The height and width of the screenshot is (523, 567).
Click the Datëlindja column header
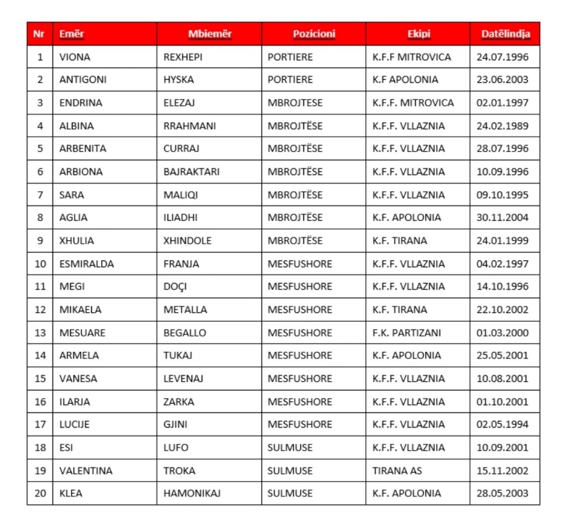pos(505,34)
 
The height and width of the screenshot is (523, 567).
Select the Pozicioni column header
pos(314,34)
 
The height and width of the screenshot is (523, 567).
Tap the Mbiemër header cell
pos(209,34)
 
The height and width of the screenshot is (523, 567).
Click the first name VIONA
pos(75,57)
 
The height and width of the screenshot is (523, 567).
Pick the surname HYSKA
pos(178,80)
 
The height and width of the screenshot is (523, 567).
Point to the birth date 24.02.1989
pos(502,125)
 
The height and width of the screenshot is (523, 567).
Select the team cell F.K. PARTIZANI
pos(407,333)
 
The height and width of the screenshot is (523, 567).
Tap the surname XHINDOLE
pos(187,240)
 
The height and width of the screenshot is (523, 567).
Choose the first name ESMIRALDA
pos(86,264)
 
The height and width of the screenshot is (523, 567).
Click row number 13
pos(40,333)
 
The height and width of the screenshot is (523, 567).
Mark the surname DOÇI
pos(175,286)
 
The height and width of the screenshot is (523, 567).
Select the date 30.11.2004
pos(502,217)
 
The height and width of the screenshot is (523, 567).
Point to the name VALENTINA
pos(86,470)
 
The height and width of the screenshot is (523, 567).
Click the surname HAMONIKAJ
pos(192,493)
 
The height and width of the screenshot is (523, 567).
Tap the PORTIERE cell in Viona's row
pos(290,57)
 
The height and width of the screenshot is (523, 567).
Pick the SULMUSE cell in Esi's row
pos(290,447)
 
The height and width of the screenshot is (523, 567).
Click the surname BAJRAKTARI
pos(192,171)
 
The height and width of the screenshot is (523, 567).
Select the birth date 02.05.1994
pos(502,424)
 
